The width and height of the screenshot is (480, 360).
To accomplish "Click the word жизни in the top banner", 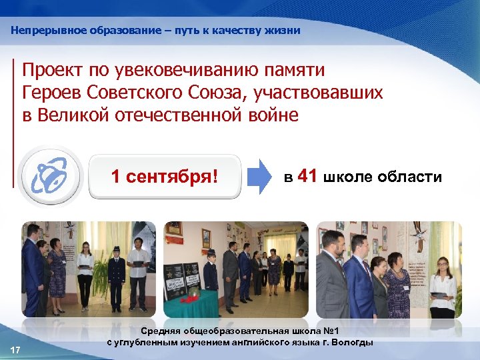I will point(285,31).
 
